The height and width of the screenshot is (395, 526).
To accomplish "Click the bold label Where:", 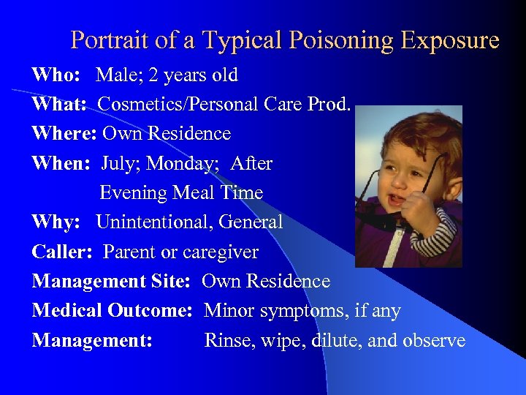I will [64, 134].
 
